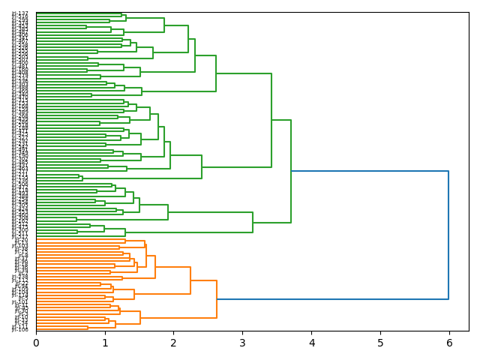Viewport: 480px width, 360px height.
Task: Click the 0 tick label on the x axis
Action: tap(36, 343)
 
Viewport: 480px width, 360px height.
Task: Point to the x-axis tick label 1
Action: tap(105, 343)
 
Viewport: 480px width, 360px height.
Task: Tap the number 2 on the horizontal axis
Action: tap(173, 343)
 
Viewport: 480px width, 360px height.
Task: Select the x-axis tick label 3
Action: tap(242, 343)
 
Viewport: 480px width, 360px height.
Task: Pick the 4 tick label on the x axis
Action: tap(311, 343)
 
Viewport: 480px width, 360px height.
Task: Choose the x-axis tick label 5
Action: tap(380, 343)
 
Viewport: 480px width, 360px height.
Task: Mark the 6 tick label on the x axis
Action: tap(448, 343)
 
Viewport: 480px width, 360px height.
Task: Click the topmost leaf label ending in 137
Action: tap(20, 13)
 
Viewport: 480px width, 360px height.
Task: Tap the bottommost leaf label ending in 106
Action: tap(20, 329)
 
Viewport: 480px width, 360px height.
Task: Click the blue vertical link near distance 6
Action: tap(448, 235)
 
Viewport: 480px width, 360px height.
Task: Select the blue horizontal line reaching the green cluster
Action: tap(369, 171)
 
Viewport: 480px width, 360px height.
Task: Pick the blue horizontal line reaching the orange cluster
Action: tap(332, 299)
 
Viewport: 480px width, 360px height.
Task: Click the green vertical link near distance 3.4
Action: tap(271, 120)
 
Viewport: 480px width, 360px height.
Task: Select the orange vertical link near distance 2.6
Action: tap(217, 299)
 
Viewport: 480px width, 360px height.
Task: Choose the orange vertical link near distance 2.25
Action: tap(190, 280)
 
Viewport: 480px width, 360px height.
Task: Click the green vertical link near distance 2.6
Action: tap(216, 73)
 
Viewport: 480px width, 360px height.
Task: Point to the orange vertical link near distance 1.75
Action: tap(155, 267)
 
